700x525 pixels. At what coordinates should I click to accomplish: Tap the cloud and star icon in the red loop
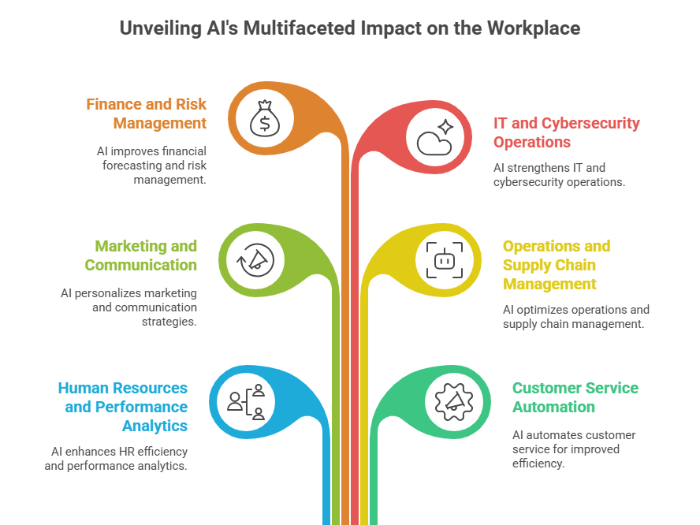[434, 136]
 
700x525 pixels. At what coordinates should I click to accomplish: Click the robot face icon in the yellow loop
[441, 259]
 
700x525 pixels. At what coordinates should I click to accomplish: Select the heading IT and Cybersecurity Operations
[566, 132]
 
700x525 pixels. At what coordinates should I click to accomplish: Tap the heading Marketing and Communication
[141, 255]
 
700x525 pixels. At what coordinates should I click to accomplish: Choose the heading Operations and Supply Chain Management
[556, 265]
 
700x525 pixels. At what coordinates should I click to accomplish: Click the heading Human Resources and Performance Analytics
[123, 407]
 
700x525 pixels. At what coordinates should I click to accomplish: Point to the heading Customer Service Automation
[575, 397]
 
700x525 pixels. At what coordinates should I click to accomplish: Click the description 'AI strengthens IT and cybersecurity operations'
[559, 174]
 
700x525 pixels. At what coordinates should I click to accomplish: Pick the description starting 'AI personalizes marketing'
[129, 307]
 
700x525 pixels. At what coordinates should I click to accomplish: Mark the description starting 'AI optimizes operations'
[575, 317]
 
